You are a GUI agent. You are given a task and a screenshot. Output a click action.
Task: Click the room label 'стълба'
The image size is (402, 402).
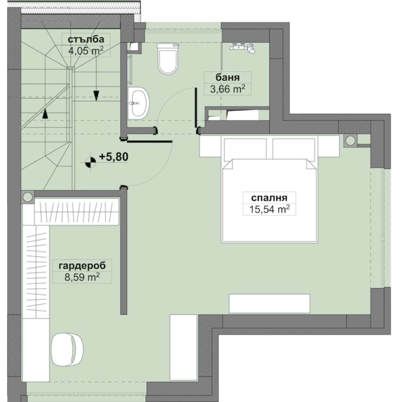(x=86, y=39)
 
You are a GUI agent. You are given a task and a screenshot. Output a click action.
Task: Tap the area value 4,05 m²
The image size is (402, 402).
(x=86, y=51)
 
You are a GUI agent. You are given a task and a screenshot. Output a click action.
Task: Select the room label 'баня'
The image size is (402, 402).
(x=228, y=77)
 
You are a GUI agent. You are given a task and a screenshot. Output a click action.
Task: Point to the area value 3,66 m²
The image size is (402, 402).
(x=228, y=89)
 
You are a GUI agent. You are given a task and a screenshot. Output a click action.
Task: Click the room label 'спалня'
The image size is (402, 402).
(x=269, y=198)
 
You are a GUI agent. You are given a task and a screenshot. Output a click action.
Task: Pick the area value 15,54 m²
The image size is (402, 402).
(x=269, y=209)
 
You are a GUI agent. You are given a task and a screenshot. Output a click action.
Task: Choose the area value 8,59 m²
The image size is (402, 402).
(x=82, y=277)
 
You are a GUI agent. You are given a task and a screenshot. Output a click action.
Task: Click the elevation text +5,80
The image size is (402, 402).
(x=114, y=157)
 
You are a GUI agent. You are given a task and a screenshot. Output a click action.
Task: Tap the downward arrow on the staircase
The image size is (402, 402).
(x=96, y=95)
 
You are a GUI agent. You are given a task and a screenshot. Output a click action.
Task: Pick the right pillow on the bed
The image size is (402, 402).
(x=293, y=149)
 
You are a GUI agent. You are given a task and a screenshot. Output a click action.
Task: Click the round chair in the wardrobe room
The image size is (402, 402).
(x=67, y=349)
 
